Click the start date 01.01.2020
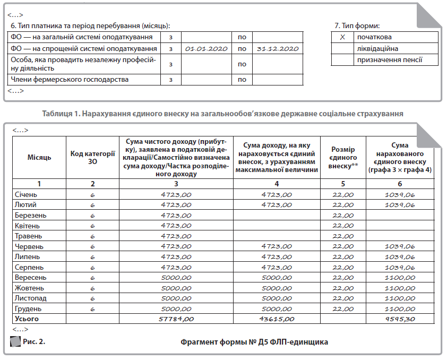(207, 48)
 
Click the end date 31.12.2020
(276, 48)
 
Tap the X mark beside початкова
(342, 37)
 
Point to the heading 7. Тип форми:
(357, 25)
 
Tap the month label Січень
(26, 194)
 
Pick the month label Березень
(30, 215)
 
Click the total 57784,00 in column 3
(176, 319)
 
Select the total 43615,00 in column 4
(277, 319)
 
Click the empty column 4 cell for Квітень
(277, 226)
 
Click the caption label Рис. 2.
(33, 341)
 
